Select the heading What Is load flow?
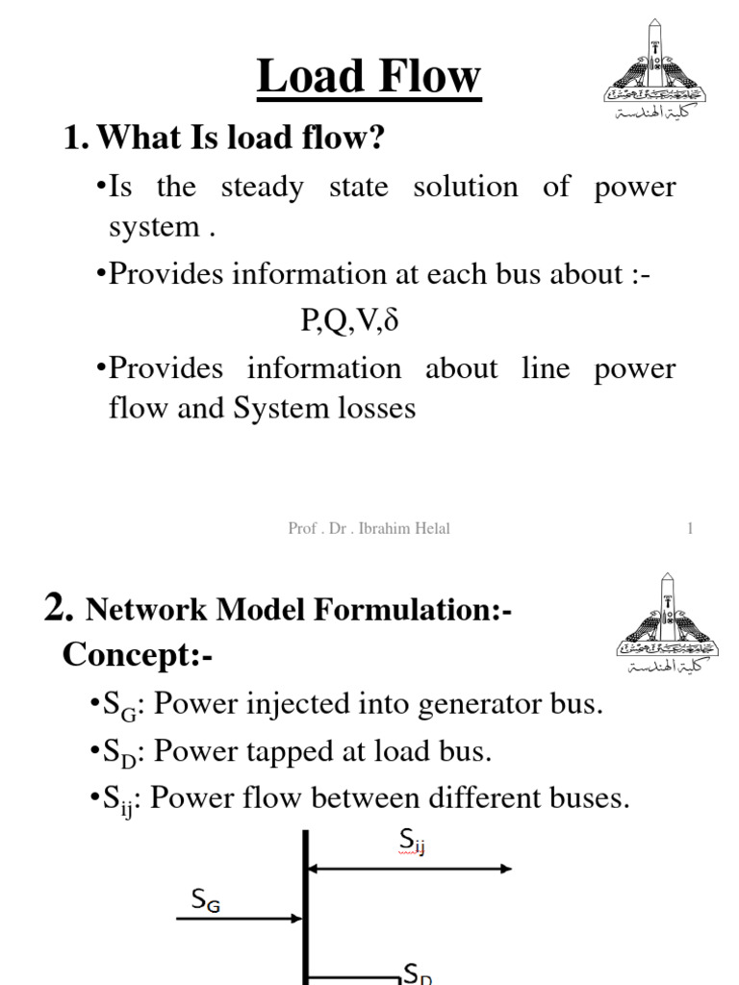(x=223, y=139)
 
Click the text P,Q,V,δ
(x=349, y=320)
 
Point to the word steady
(x=262, y=188)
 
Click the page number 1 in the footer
(x=690, y=528)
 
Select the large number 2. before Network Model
(x=60, y=609)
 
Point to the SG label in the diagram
(x=206, y=901)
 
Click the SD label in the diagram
(x=417, y=974)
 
